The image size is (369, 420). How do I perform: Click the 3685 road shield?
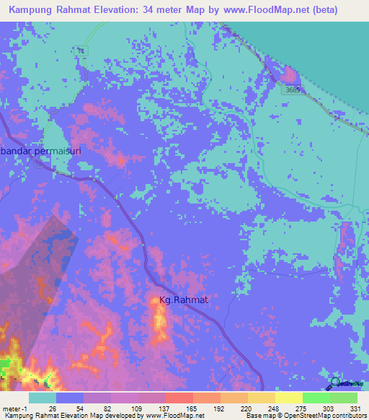(291, 89)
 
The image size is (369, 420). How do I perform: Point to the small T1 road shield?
(81, 49)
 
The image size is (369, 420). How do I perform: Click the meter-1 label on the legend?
(13, 408)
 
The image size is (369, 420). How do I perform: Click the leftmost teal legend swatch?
(43, 398)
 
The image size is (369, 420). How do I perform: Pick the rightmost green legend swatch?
(344, 398)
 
